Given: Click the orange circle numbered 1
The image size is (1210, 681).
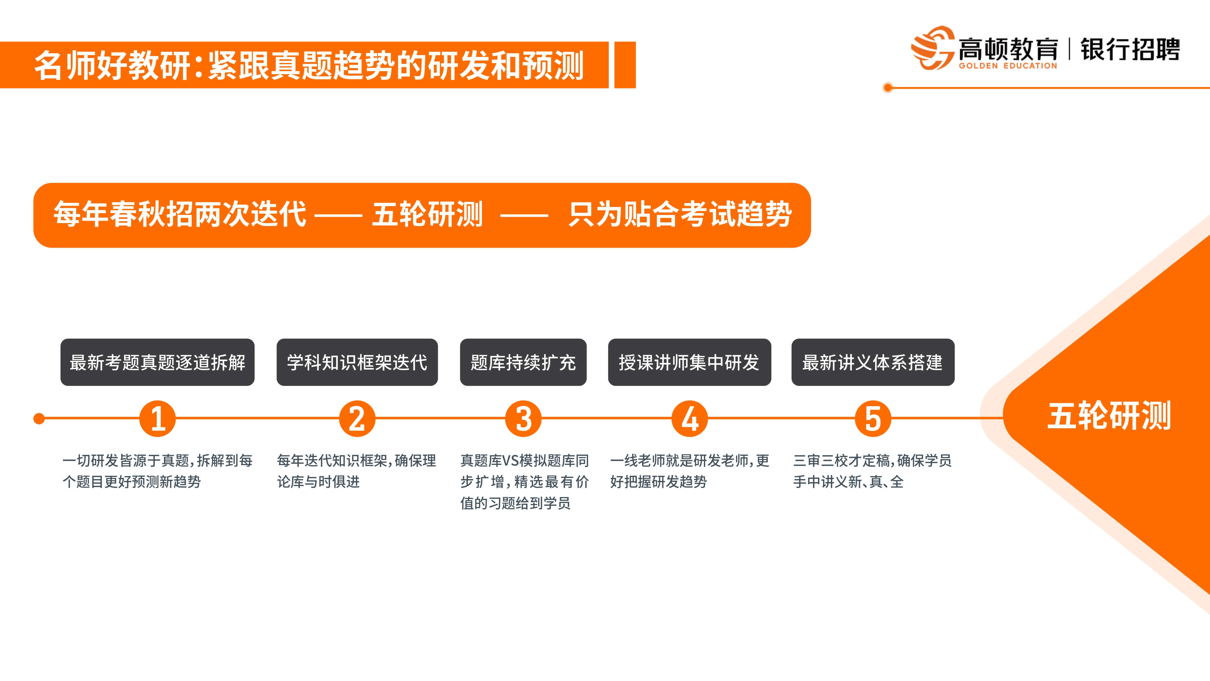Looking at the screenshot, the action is point(157,418).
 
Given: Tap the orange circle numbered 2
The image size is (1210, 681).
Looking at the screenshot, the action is point(357,418).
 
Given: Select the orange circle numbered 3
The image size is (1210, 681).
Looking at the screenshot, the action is point(523,418).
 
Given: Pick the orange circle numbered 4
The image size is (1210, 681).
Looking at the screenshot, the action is point(690,418).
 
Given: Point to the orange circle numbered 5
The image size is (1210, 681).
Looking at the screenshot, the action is point(873,418).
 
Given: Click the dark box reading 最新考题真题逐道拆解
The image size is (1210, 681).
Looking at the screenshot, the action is point(157,362).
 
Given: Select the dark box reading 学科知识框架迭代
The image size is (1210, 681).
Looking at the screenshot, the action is point(357,362).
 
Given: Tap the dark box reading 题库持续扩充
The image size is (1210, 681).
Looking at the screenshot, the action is point(523,362).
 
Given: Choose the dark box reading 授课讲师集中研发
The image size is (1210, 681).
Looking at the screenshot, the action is point(690,362).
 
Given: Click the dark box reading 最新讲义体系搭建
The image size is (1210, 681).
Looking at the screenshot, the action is point(873,362).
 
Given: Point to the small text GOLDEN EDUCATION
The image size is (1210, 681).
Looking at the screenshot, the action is point(1008,66).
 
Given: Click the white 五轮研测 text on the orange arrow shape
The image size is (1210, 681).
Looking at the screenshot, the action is point(1110,416).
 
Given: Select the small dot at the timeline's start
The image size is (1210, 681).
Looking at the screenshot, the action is point(39,418).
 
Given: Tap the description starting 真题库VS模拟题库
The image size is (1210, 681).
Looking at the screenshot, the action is point(524,482).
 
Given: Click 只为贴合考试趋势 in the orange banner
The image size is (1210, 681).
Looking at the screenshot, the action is point(680,214).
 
